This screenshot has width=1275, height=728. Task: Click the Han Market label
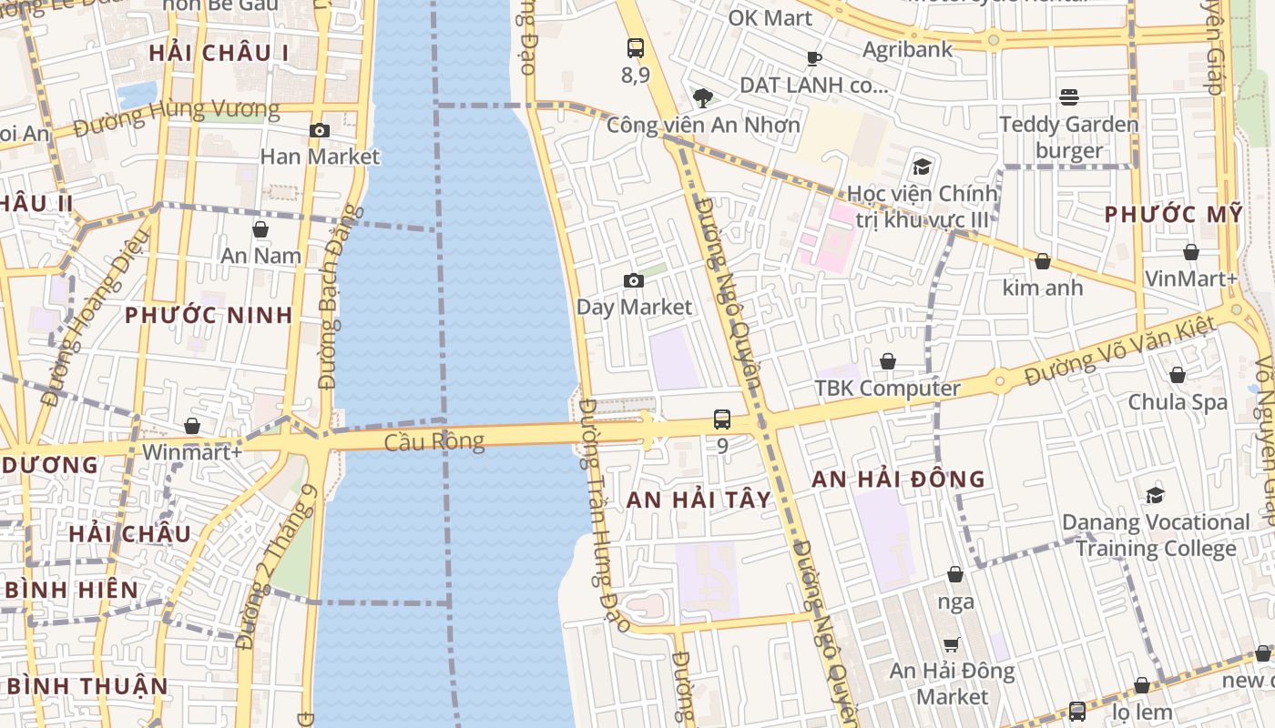pos(320,157)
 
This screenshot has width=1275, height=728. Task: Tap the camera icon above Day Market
pos(634,280)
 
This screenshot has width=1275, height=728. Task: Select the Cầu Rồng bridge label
pos(434,443)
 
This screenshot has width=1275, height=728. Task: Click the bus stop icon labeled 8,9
pos(636,49)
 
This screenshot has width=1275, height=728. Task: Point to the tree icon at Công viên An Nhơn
pos(702,98)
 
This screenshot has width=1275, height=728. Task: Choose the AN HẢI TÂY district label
pos(699,500)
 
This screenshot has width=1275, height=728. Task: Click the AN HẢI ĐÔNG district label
pos(898,479)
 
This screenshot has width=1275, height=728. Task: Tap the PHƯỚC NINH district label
pos(209,316)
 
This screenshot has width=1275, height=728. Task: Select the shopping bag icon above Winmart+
pos(192,426)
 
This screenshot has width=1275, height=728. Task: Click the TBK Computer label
pos(887,389)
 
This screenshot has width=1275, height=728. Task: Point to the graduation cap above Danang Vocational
pos(1155,495)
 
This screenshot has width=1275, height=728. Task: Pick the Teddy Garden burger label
pos(1069,137)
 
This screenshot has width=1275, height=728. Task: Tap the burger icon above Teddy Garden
pos(1069,96)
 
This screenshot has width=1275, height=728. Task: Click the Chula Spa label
pos(1178,401)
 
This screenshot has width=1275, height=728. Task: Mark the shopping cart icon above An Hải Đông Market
pos(952,644)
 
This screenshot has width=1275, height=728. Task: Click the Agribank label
pos(907,49)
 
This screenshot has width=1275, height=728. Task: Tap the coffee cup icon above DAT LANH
pos(813,59)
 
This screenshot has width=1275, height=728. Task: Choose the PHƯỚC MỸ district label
pos(1173,215)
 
